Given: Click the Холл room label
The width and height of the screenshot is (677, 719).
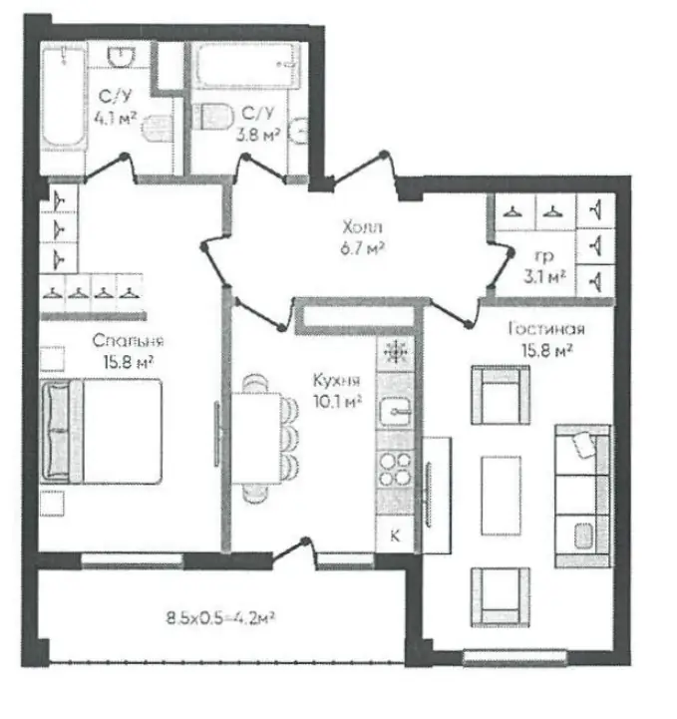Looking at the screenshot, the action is point(362,227).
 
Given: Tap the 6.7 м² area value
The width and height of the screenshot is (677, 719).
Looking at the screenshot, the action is point(362,248).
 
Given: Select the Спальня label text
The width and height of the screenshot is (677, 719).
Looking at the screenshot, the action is point(128,341).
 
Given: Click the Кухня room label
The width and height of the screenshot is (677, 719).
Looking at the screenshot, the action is point(336,380).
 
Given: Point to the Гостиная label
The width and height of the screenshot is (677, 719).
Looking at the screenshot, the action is point(546,328).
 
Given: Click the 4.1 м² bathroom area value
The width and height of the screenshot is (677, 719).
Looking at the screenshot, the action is point(115,119).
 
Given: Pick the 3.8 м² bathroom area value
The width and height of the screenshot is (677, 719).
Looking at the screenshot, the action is point(258,135).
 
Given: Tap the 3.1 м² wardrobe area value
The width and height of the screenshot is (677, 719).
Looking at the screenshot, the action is point(544,276).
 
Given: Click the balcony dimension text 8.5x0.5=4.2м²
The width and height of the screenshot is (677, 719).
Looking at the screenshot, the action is point(220,617).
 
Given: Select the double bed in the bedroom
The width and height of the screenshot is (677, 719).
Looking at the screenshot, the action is point(102,431).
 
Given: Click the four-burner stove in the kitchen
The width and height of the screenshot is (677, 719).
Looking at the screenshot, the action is point(395,469).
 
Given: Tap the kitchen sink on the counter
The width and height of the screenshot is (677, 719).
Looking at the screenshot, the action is point(395,411).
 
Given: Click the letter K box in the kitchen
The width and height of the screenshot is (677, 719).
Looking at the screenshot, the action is point(395,535).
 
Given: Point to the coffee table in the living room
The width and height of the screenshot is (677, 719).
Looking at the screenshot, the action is point(501,496).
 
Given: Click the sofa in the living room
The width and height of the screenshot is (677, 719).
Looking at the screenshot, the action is point(582,496).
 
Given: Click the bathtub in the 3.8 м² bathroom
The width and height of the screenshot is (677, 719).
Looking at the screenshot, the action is point(246,65).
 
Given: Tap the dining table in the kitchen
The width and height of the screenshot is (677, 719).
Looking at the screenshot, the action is point(256,438).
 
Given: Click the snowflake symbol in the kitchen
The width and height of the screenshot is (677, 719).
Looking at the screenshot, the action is point(395,352).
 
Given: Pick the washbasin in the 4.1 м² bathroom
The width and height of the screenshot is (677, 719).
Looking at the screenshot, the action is point(121,57).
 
